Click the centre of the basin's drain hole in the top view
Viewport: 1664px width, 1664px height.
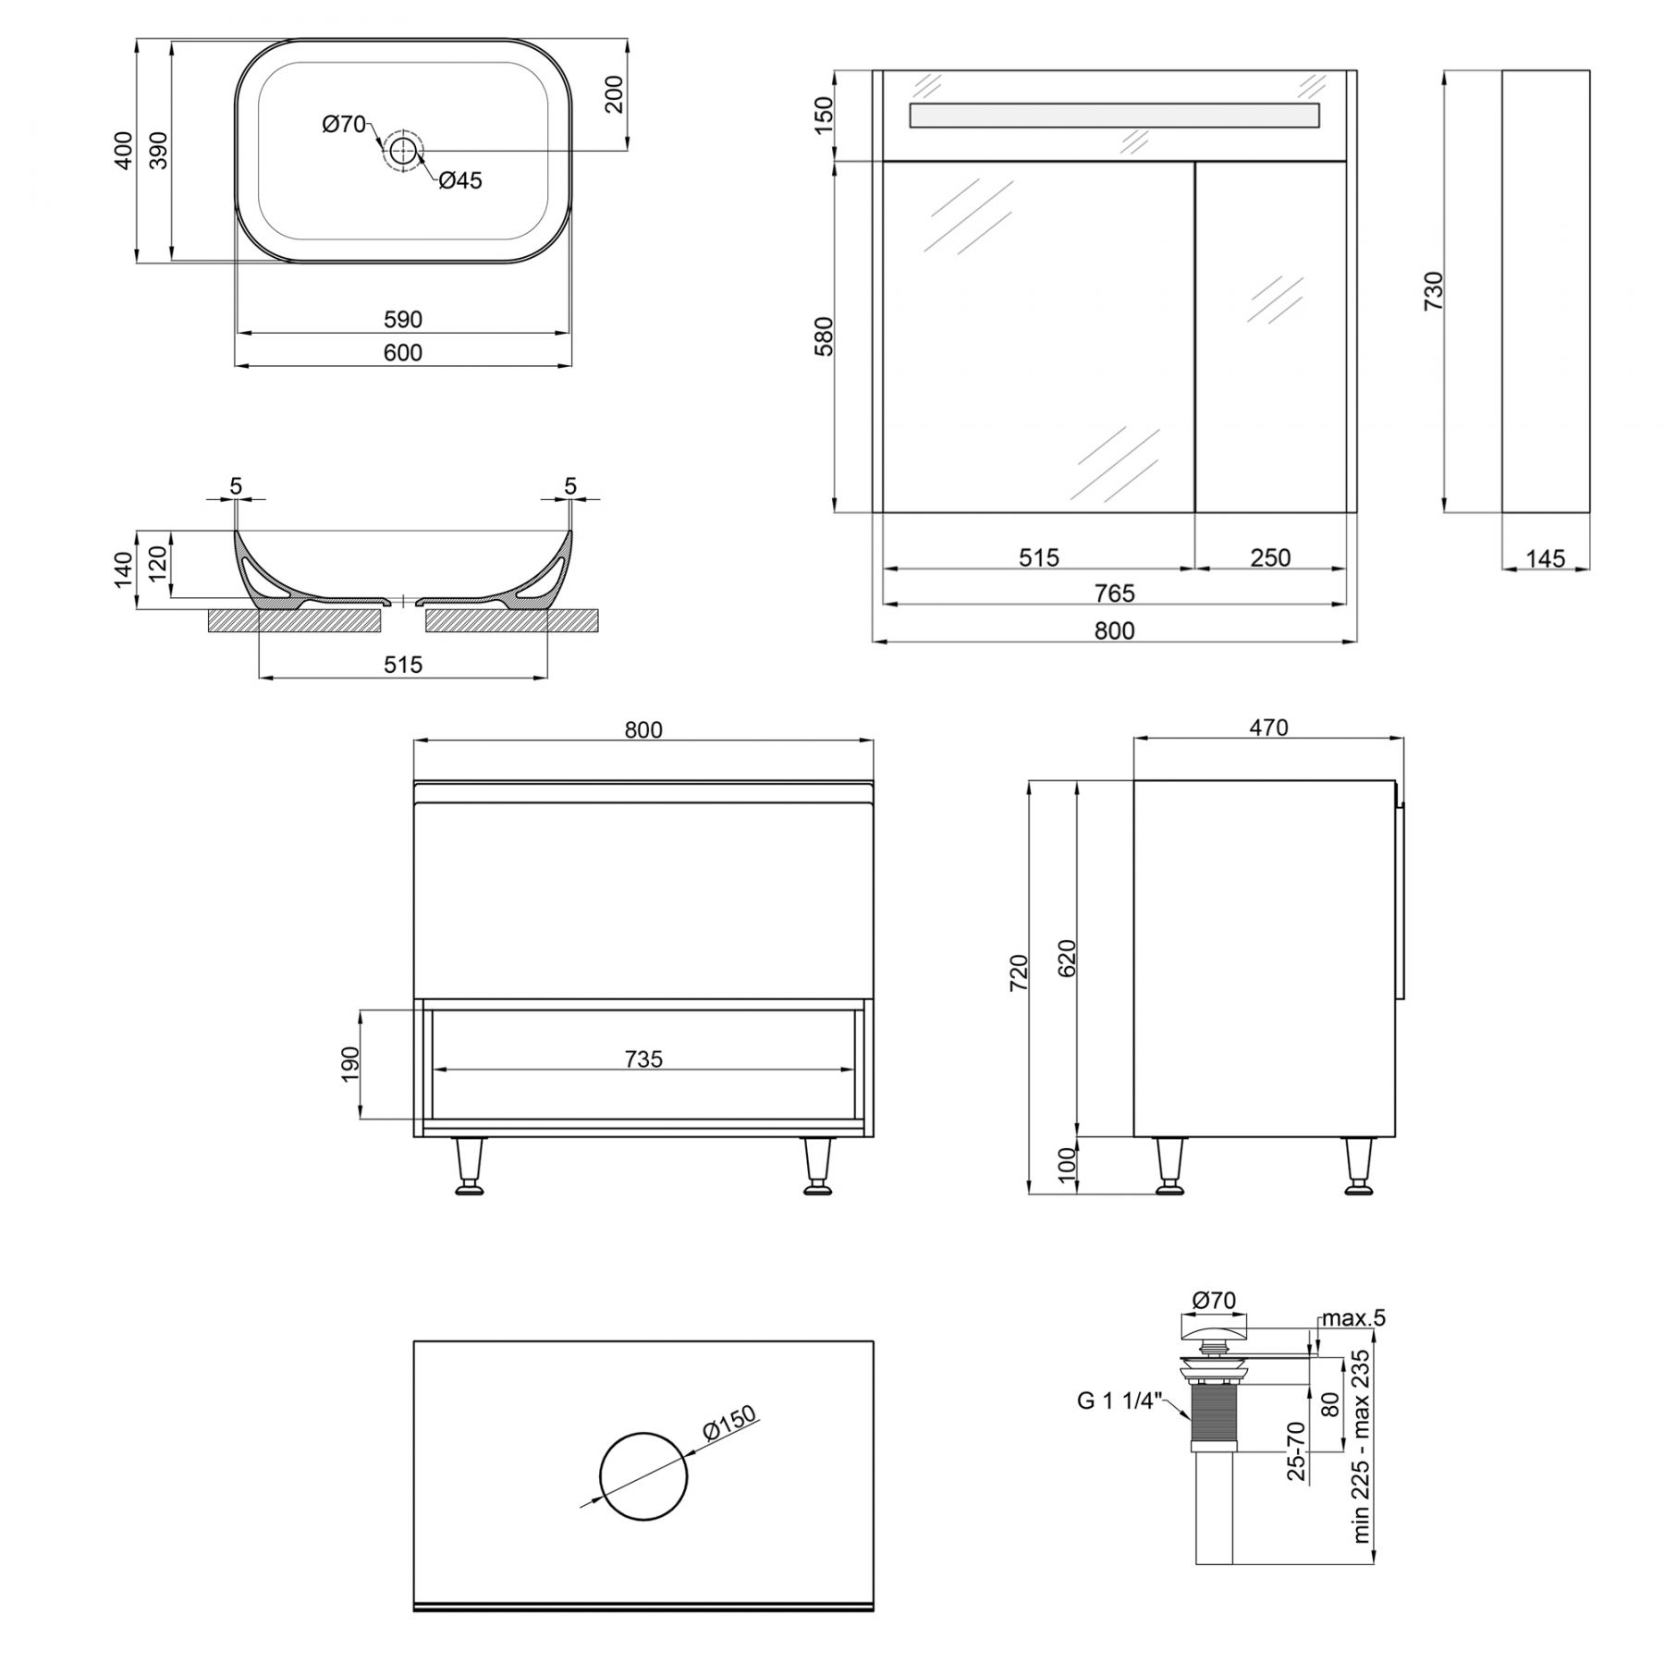(x=403, y=151)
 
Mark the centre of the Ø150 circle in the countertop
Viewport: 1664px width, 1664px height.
(x=643, y=1476)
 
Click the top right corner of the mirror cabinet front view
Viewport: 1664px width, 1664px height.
(x=1356, y=70)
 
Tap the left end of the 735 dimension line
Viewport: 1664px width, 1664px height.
(x=434, y=1070)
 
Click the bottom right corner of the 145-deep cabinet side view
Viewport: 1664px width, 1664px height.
(x=1590, y=511)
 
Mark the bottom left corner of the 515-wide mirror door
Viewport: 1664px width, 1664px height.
(x=884, y=511)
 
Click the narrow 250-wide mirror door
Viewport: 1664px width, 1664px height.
(x=1270, y=336)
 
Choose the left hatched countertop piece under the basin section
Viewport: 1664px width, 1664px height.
(x=294, y=620)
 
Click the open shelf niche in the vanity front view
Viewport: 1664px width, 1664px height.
(x=643, y=1065)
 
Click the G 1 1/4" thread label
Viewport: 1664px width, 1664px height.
(x=1117, y=1401)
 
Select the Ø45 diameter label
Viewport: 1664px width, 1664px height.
(x=459, y=180)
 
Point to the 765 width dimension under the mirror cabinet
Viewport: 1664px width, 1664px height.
(x=1115, y=593)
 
